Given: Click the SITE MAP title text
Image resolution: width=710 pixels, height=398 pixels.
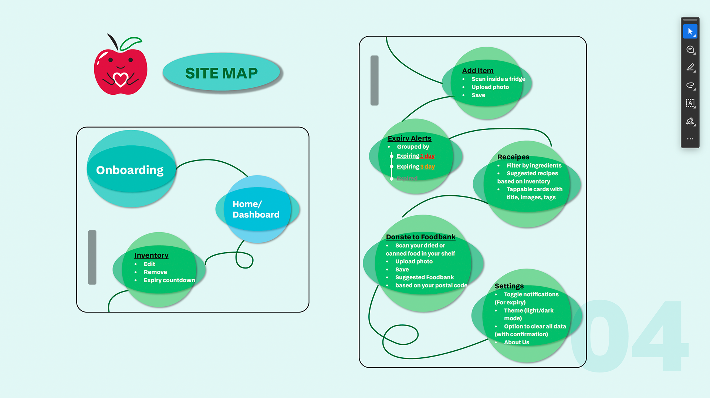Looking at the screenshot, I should [x=221, y=73].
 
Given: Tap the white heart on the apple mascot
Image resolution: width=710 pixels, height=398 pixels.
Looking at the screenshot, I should [x=120, y=79].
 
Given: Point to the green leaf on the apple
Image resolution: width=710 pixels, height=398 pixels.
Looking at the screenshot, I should [x=131, y=43].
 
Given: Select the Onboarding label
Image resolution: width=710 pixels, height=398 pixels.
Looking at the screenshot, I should [x=130, y=170].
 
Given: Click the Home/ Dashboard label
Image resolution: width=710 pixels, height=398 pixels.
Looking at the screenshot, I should [x=256, y=209].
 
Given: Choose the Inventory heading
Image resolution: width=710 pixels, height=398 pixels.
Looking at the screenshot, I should [x=151, y=255].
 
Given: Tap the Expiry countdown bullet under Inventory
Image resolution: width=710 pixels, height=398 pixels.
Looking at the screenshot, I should [x=169, y=280].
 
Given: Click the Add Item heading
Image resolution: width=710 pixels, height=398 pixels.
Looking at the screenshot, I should [x=477, y=71].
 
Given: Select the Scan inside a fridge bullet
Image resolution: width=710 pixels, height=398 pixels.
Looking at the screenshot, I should [x=498, y=79].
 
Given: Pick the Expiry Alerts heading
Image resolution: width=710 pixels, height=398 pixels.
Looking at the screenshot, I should [x=409, y=138].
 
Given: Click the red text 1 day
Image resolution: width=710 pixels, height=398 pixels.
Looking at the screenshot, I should [x=427, y=156].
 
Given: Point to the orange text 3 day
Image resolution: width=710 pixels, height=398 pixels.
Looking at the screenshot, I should [x=427, y=166].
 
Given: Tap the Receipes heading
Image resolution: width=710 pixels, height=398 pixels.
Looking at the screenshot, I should [x=513, y=157].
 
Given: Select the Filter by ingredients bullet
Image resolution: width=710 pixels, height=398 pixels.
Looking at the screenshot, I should [x=534, y=165].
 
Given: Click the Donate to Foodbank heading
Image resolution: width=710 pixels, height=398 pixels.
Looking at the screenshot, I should [x=420, y=237].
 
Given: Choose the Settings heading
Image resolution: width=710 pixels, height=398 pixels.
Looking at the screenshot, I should [x=509, y=286].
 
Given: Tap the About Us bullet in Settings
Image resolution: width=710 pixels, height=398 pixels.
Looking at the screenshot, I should [x=516, y=342].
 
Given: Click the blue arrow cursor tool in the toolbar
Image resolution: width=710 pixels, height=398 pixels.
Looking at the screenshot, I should [x=690, y=31].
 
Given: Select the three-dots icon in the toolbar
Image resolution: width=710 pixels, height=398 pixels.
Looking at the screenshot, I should [x=690, y=139].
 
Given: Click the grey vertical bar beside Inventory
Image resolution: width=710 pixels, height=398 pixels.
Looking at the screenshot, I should [x=92, y=257].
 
